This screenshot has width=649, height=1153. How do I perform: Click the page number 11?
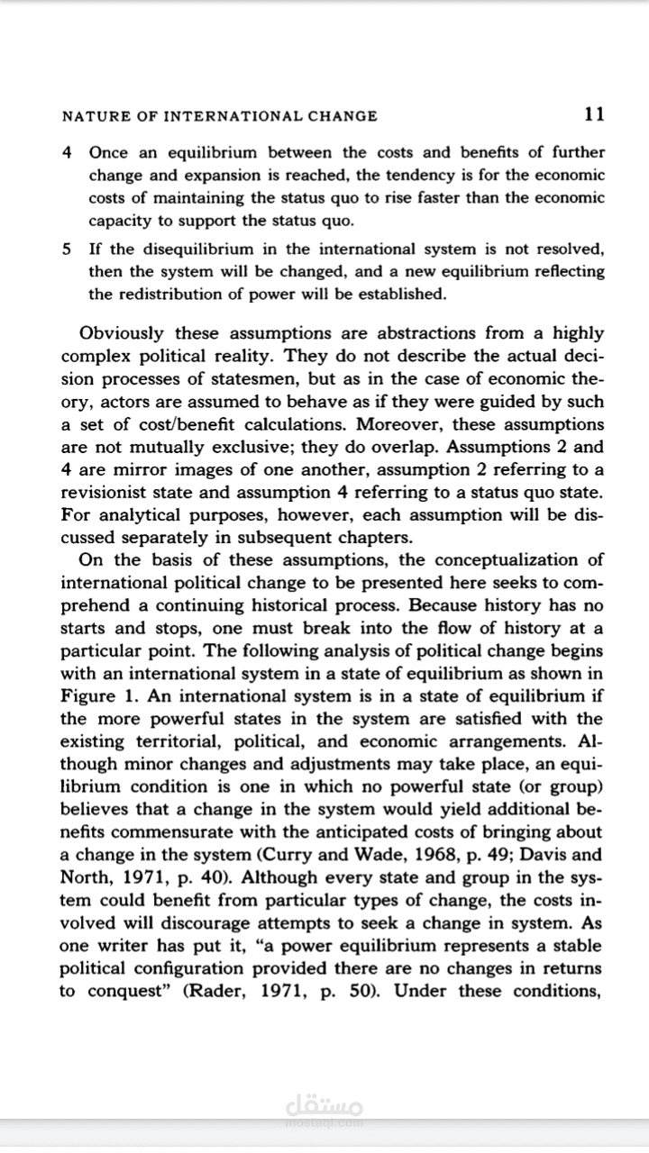coord(594,114)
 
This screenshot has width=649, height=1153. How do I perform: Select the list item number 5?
coord(68,249)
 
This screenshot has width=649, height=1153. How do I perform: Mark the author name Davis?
coord(553,854)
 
